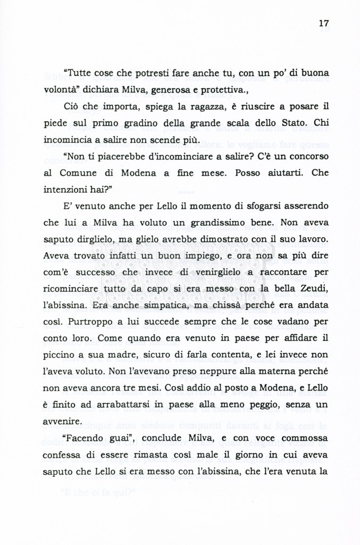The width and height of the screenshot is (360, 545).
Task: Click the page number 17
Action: [324, 23]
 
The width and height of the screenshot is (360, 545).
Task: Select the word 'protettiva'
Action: [222, 89]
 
